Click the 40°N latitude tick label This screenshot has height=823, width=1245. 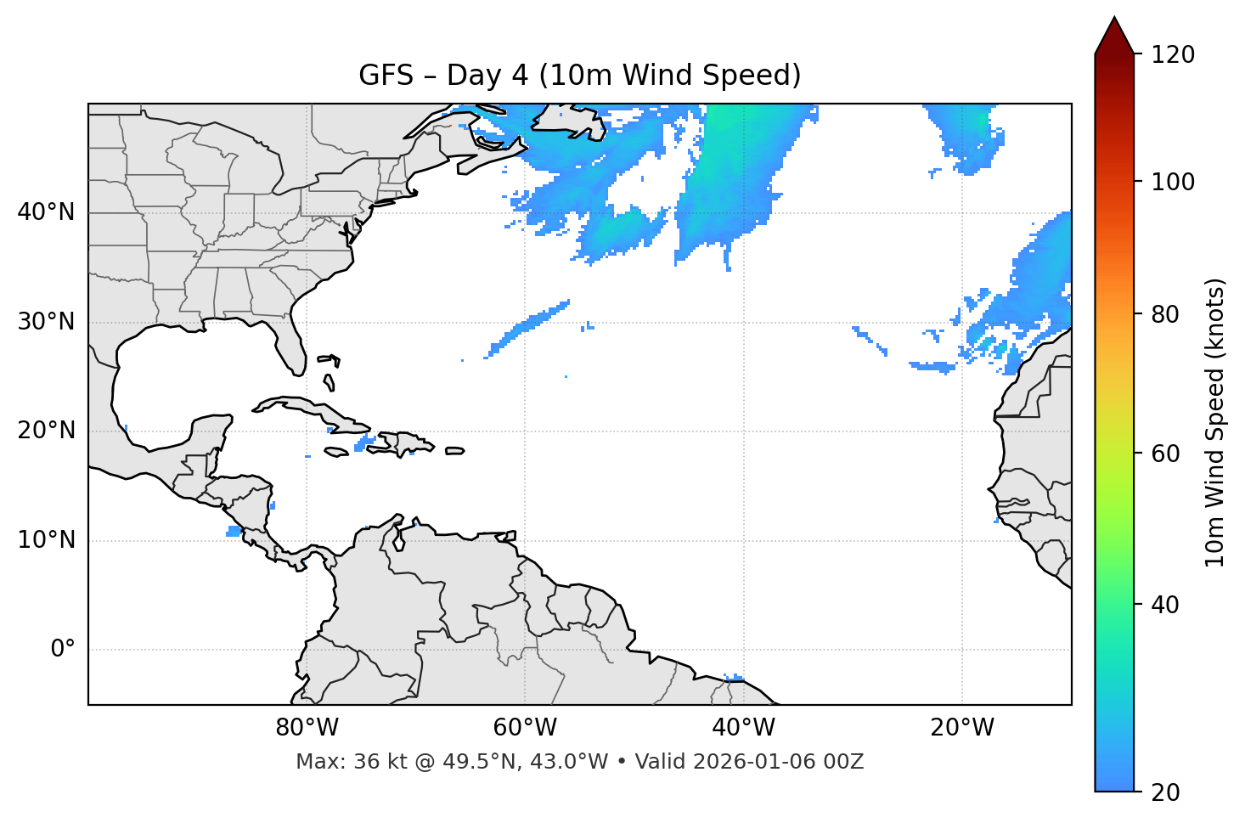46,212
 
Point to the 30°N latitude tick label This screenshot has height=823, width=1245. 46,322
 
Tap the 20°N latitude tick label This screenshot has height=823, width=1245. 46,431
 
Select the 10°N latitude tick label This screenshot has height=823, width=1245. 46,540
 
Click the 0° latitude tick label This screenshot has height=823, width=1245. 63,650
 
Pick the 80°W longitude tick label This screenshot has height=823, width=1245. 307,728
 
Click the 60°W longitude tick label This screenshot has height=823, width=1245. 525,728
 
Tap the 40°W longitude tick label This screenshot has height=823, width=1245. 743,728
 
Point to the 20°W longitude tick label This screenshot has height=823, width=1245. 961,728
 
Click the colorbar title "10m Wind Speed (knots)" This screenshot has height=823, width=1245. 1215,422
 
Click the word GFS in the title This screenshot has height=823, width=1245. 386,76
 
